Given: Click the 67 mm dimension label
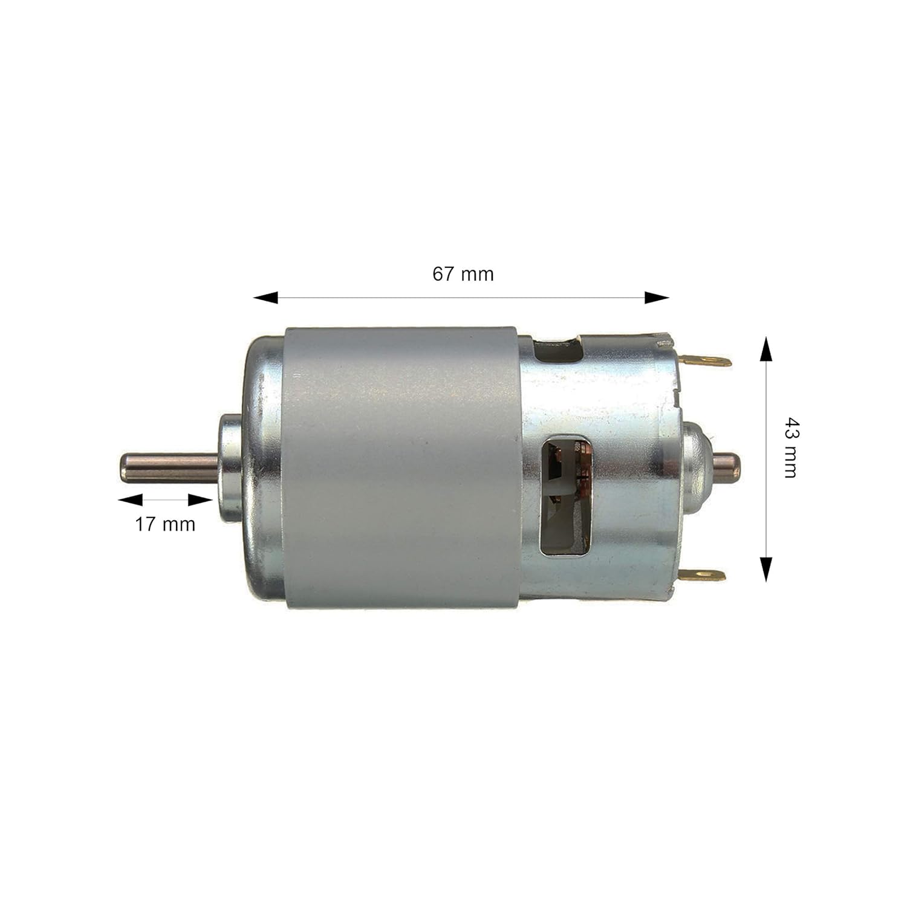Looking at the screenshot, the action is coord(463,274).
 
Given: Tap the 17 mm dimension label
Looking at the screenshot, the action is coord(165,524).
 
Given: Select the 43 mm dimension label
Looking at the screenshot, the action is coord(790,447).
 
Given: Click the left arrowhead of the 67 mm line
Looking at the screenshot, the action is coord(265,297).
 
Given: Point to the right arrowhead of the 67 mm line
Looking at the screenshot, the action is coord(657,297).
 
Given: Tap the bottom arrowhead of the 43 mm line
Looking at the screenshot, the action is coord(766,569).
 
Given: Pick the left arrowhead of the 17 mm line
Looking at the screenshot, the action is coord(130,499).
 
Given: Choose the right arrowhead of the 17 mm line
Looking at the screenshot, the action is coord(200,499).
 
